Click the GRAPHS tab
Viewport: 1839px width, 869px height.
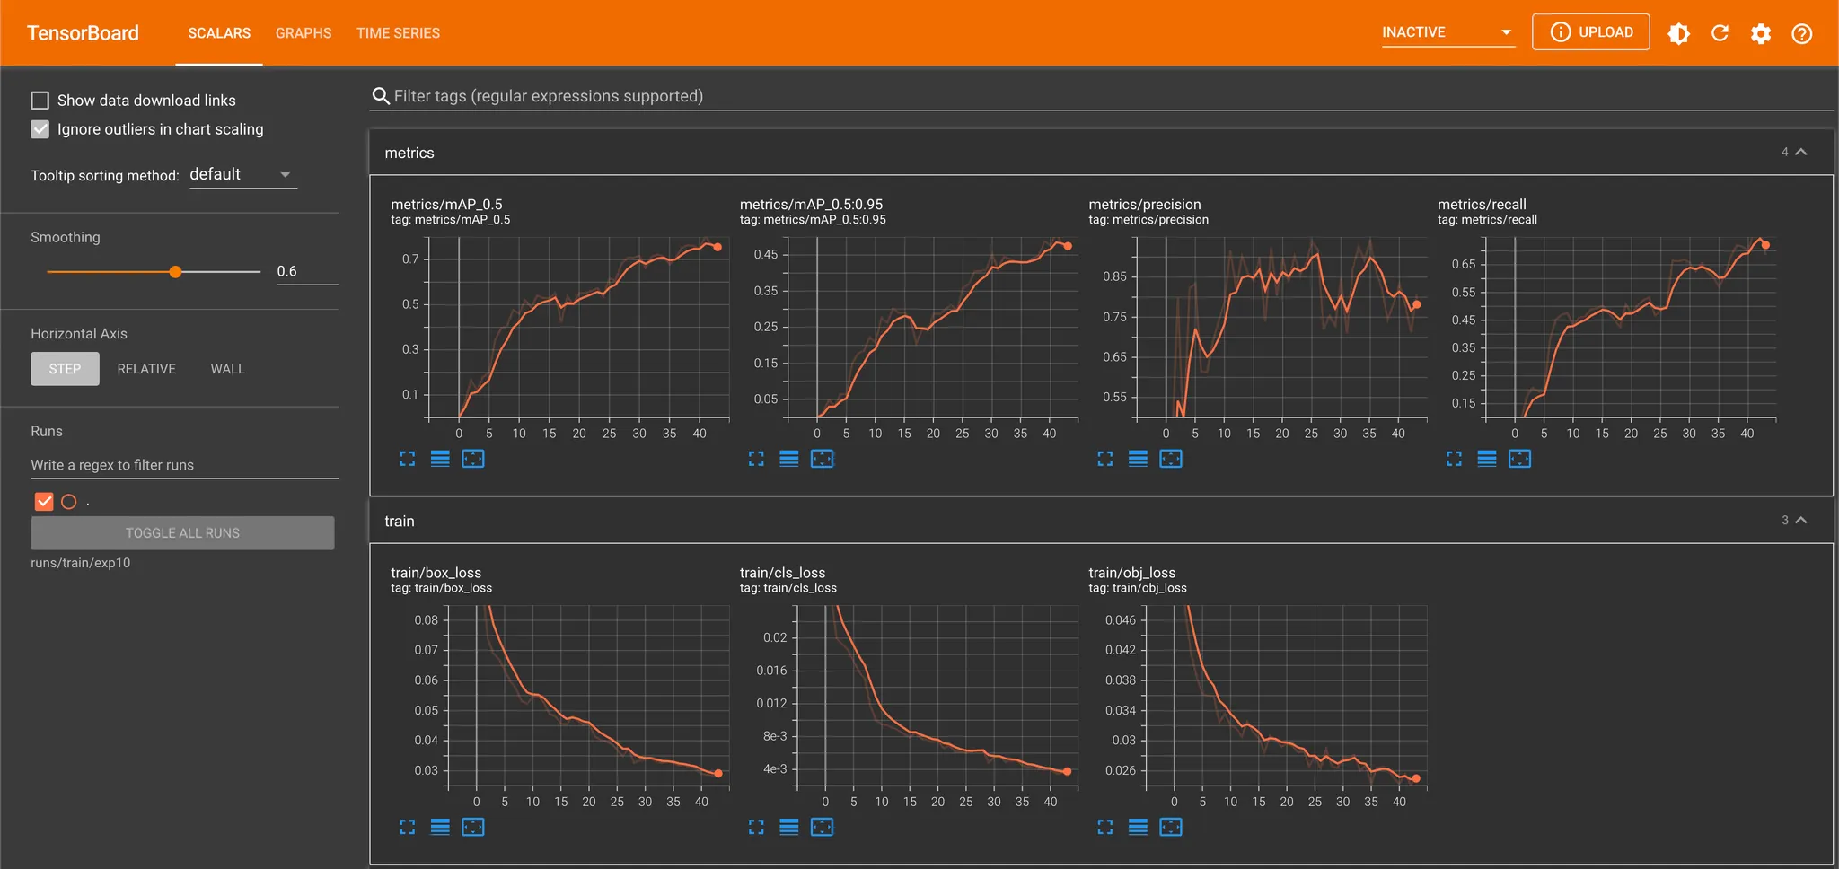[303, 33]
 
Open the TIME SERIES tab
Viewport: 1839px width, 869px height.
[398, 33]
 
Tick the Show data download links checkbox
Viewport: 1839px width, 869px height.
[40, 101]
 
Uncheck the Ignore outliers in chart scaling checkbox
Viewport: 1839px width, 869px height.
[40, 129]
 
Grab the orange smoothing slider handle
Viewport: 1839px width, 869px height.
[176, 271]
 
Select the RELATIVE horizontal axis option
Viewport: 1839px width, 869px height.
[146, 369]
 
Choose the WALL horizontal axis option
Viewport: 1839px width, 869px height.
[227, 369]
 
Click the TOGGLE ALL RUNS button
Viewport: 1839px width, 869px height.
[182, 533]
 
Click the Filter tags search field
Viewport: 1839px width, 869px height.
[548, 96]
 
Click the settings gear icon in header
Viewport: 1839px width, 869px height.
[1760, 33]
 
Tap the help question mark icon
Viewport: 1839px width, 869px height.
[1801, 33]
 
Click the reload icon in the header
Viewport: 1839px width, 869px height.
[1720, 33]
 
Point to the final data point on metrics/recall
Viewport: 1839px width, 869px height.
[1765, 245]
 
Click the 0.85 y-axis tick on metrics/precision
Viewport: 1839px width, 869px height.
[1114, 276]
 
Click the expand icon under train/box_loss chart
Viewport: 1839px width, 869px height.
[408, 827]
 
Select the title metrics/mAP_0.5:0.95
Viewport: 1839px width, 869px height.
[811, 205]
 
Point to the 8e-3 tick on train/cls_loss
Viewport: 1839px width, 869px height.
[775, 736]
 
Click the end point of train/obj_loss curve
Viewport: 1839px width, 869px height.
[1416, 778]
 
